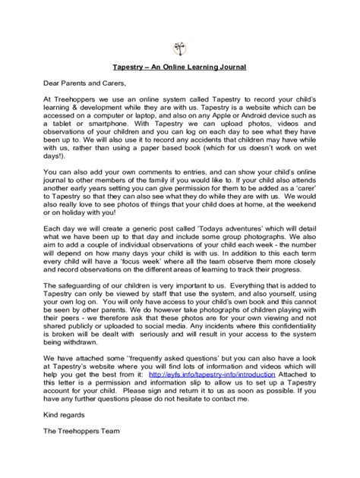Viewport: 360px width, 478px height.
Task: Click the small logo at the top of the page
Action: point(180,46)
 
